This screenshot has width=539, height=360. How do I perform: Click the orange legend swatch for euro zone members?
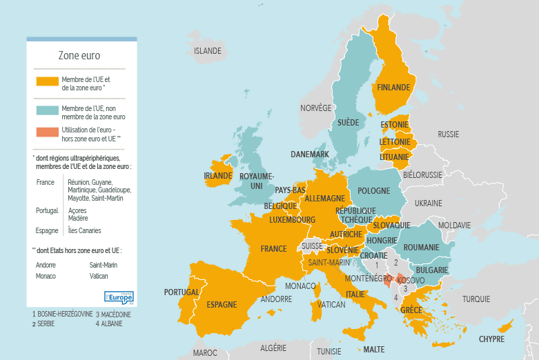[x=47, y=81]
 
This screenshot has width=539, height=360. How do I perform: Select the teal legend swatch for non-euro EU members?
[x=47, y=110]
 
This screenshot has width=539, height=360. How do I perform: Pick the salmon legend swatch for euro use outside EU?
[x=47, y=132]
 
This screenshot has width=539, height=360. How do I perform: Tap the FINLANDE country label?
[x=393, y=88]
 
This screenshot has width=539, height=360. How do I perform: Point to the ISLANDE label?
[x=208, y=51]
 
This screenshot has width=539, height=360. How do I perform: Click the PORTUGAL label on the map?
[x=182, y=292]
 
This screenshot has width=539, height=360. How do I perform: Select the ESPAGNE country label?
[x=222, y=305]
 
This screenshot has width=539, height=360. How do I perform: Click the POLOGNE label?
[x=374, y=190]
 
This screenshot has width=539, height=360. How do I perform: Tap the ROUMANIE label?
[x=422, y=248]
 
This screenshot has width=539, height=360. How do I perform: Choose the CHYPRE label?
[x=491, y=339]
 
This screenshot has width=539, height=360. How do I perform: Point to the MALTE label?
[x=374, y=350]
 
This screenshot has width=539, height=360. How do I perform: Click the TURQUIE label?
[x=476, y=299]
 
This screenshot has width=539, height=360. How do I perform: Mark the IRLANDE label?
[x=218, y=176]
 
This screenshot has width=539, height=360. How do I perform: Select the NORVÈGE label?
[x=316, y=108]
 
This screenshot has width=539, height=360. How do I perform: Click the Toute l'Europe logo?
[x=117, y=297]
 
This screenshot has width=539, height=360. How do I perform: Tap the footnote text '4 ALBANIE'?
[x=108, y=323]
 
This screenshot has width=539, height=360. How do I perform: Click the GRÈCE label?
[x=411, y=310]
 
